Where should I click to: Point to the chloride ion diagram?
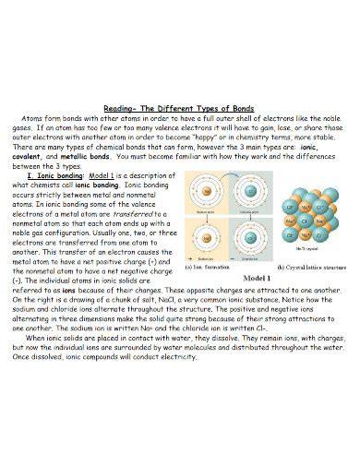pyautogui.click(x=247, y=238)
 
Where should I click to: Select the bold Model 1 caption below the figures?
pyautogui.click(x=259, y=277)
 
